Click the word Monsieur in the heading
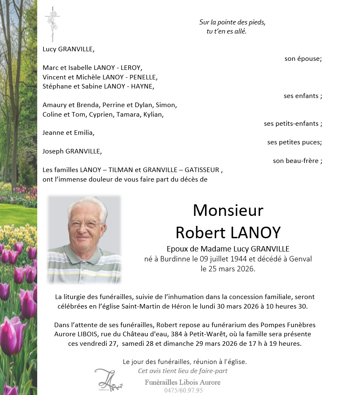coord(228,211)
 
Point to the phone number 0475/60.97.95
coord(184,390)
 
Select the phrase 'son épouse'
coord(303,59)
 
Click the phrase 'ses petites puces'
coord(294,142)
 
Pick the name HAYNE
coord(141,86)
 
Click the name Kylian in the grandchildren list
coord(153,114)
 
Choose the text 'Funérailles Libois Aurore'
coord(182,382)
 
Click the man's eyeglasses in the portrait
coord(86,224)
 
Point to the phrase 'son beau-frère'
coord(297,161)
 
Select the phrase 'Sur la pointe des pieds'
coord(232,22)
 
